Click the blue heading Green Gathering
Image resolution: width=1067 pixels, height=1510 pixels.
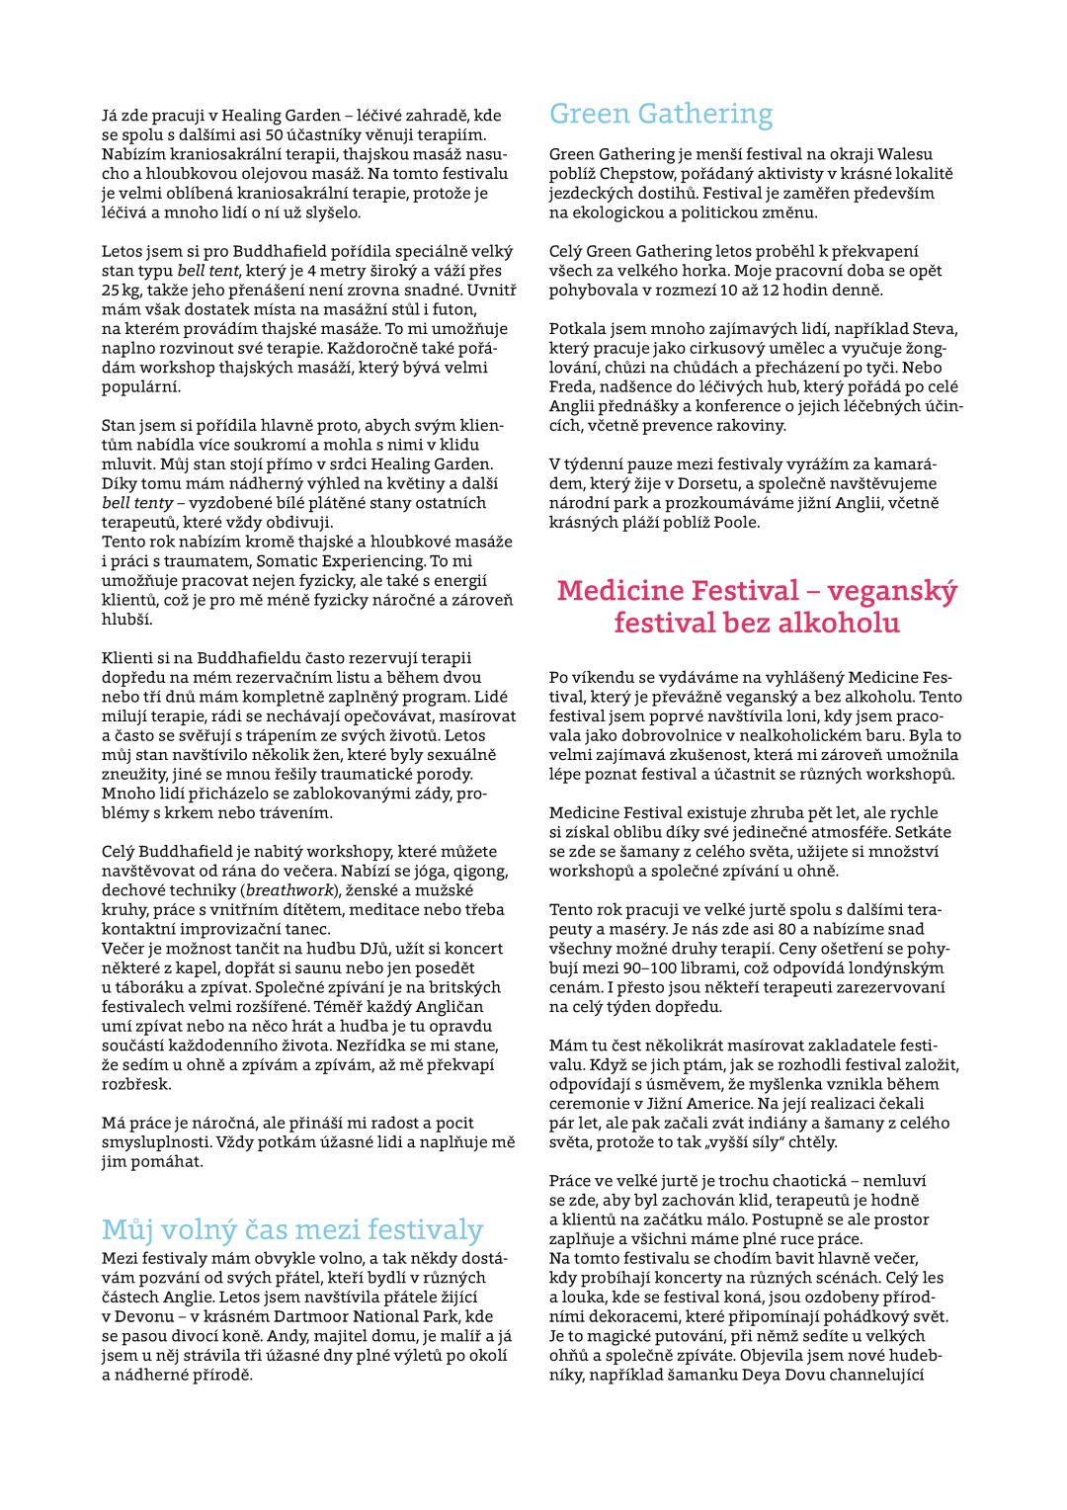pyautogui.click(x=661, y=115)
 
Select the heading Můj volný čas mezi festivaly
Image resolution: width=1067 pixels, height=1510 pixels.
pyautogui.click(x=292, y=1230)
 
